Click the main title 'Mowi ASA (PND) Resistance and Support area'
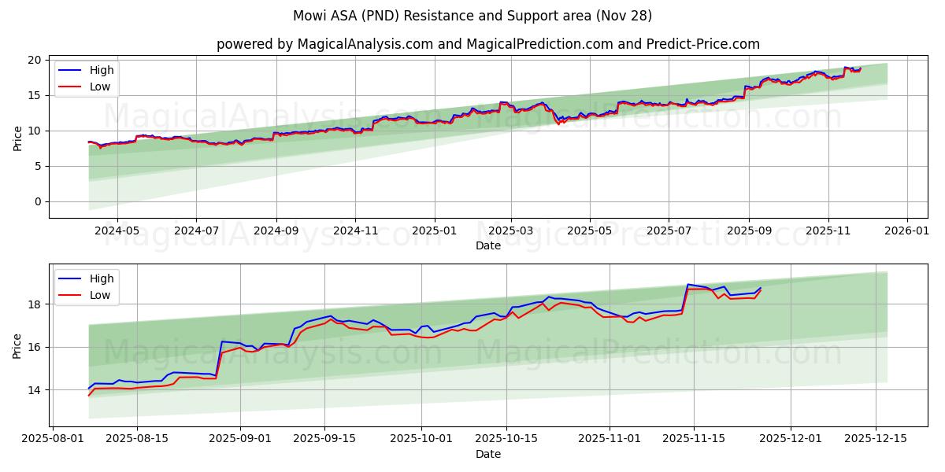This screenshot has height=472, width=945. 472,16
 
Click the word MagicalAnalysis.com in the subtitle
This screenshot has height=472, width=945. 365,44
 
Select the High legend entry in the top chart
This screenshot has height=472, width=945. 101,71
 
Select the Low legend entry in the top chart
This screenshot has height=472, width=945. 100,87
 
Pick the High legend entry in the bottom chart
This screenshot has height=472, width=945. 101,278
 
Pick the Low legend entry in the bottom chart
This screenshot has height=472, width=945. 100,295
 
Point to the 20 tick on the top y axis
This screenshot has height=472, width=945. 35,60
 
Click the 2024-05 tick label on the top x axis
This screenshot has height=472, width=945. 117,231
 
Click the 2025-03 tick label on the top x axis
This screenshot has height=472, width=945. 511,231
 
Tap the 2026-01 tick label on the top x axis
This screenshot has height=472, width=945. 907,231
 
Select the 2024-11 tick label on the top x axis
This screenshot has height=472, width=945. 354,231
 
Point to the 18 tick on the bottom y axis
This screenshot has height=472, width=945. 35,304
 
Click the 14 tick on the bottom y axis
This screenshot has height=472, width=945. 35,389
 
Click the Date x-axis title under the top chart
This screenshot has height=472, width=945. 487,245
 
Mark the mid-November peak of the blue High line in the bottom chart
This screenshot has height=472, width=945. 688,284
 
